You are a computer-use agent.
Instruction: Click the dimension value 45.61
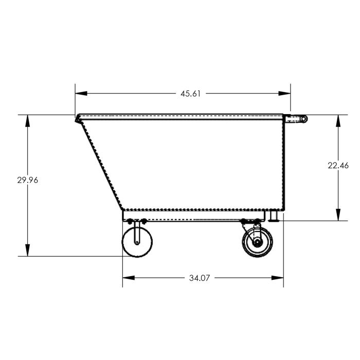190,94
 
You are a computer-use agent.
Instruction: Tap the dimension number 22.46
338,165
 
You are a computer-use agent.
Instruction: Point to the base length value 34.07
201,278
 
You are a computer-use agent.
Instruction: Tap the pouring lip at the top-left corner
78,118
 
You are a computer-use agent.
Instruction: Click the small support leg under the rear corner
273,216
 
